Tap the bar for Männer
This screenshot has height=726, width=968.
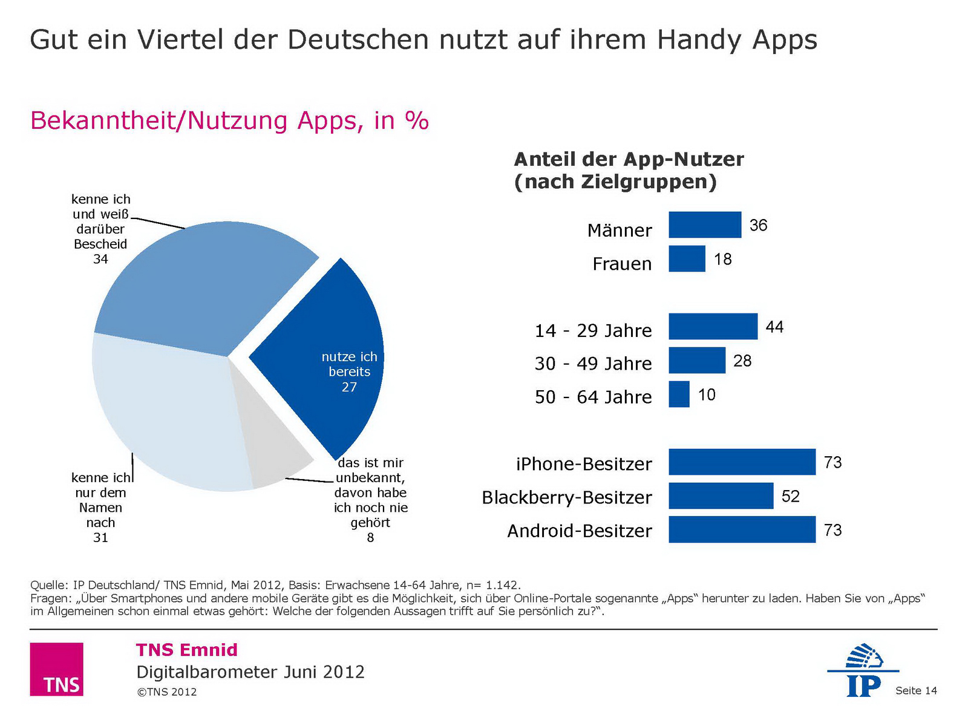(705, 225)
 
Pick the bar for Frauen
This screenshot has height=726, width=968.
(687, 259)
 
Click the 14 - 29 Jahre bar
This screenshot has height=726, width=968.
(713, 327)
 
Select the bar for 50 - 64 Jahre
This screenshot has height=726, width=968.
(679, 394)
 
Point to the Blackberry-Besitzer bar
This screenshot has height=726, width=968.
(721, 496)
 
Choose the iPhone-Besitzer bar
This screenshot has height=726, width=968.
(742, 462)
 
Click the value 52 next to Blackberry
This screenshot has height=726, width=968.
(791, 497)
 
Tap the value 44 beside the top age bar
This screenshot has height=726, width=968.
(774, 327)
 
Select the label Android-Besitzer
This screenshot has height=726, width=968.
(580, 531)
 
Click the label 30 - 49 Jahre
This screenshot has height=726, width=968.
(593, 364)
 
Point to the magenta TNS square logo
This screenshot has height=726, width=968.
(56, 669)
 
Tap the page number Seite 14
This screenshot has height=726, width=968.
(916, 691)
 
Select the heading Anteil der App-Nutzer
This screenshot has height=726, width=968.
(629, 160)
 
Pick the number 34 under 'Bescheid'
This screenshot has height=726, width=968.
(100, 260)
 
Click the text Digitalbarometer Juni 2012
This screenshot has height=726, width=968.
(250, 672)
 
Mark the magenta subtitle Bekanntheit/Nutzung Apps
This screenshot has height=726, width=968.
(229, 121)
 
